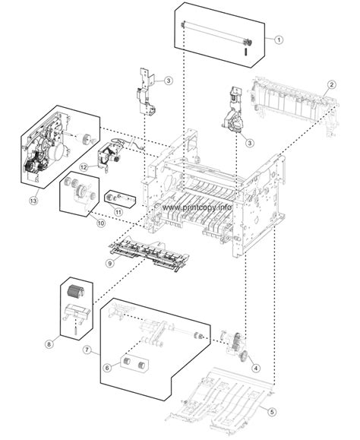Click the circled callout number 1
point(278,38)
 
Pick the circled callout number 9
point(110,263)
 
